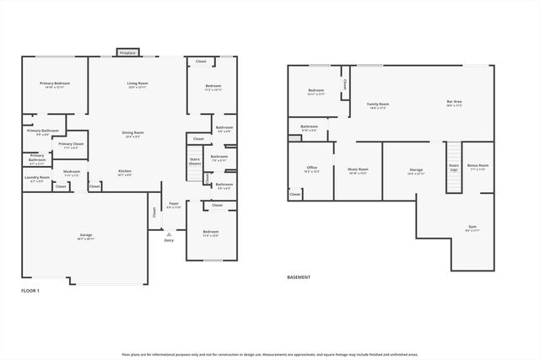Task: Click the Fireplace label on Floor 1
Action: (x=127, y=52)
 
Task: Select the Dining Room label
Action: (x=132, y=132)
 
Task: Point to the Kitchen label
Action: (x=125, y=171)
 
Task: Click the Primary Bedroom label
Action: (x=55, y=83)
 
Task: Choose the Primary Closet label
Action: (x=71, y=144)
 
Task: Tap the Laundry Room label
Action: (x=38, y=177)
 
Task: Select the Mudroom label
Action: (x=72, y=171)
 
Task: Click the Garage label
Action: (x=86, y=234)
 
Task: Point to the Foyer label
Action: (x=174, y=203)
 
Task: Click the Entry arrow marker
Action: (x=169, y=234)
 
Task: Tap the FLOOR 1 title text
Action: (x=30, y=290)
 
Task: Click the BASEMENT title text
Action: (x=299, y=277)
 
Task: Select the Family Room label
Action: (x=377, y=104)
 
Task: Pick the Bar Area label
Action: (x=455, y=103)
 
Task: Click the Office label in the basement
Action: (x=311, y=168)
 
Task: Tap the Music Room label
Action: (x=358, y=169)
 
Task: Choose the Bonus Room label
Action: (x=478, y=166)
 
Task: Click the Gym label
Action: (x=472, y=227)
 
